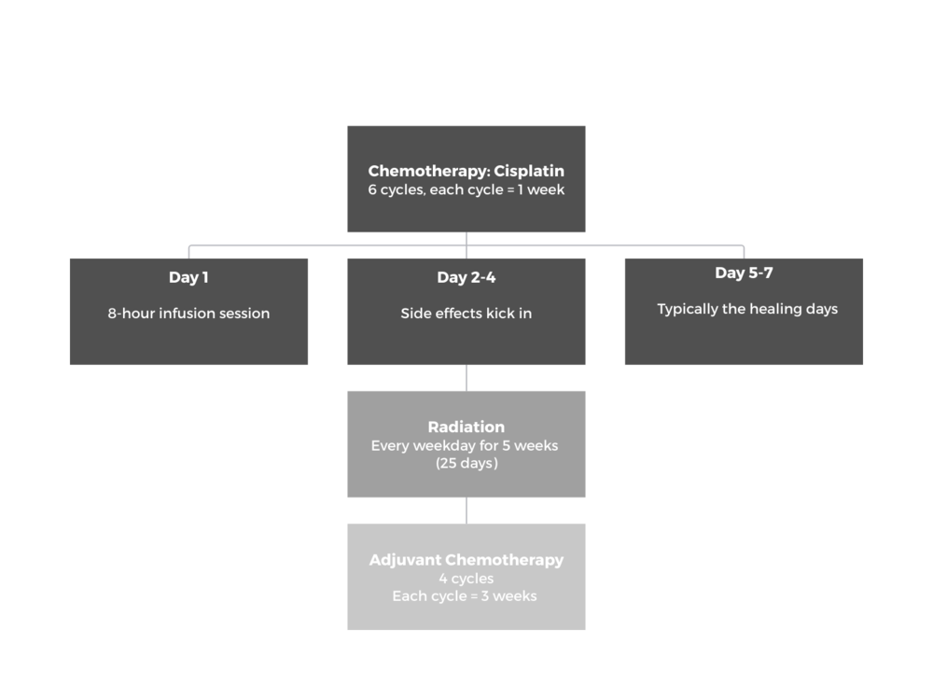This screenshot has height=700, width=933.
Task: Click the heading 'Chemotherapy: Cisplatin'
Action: pos(466,172)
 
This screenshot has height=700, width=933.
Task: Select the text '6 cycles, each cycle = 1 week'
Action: pos(466,189)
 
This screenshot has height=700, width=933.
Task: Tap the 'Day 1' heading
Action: pos(188,277)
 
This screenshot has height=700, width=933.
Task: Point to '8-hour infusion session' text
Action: pos(188,313)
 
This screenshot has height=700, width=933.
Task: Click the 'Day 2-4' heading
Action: pos(466,277)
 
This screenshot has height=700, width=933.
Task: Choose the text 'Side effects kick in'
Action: pos(466,313)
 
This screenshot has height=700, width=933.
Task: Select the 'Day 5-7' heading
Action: pos(744,273)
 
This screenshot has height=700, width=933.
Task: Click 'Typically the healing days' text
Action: pos(747,309)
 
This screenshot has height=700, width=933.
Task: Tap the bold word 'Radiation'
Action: pos(466,427)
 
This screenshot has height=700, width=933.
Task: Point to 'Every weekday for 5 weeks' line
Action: pos(465,446)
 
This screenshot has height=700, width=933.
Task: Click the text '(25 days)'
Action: pos(466,463)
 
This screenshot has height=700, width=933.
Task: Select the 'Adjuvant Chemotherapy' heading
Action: pos(466,560)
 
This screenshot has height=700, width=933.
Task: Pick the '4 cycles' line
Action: pos(466,579)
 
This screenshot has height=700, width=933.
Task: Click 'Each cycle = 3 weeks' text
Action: pos(464,595)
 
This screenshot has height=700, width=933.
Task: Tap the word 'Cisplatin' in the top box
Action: pos(529,172)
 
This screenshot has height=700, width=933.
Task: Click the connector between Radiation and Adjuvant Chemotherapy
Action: pos(466,511)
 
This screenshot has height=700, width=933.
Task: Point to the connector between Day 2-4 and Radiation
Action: pos(466,378)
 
